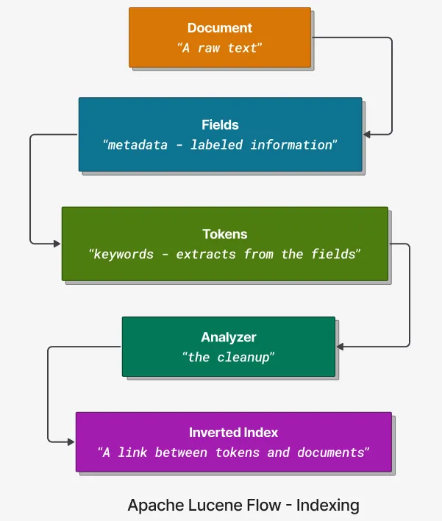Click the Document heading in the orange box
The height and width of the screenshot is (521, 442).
219,29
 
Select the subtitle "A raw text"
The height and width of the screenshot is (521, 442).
219,47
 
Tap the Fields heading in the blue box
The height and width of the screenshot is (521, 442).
220,125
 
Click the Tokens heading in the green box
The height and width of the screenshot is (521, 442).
224,234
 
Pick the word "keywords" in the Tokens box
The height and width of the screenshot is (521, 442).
123,254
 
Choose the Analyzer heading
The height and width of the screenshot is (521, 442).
228,337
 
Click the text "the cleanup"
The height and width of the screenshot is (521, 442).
228,357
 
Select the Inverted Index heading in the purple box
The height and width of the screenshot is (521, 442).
233,433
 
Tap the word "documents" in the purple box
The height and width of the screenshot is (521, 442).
330,453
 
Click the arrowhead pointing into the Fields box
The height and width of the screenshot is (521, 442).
367,134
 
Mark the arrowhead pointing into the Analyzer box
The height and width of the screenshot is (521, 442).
340,346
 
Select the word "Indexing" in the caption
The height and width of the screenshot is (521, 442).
329,506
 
